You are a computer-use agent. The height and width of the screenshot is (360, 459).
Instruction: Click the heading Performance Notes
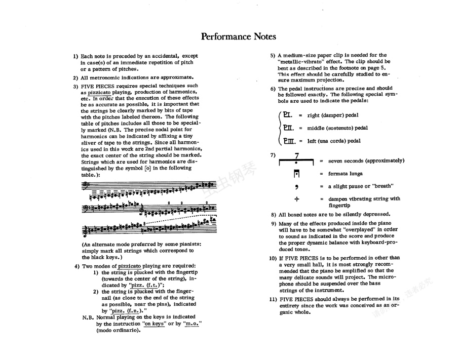(238, 36)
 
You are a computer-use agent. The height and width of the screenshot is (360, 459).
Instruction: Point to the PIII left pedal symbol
(290, 141)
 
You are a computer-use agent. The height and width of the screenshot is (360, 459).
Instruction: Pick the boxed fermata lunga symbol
(297, 174)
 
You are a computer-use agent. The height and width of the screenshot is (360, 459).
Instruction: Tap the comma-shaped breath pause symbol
(297, 187)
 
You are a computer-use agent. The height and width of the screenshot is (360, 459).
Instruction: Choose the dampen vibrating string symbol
(297, 199)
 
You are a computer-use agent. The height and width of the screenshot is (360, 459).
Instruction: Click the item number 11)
(272, 299)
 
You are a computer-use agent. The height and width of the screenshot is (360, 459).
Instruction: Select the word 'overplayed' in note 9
(359, 229)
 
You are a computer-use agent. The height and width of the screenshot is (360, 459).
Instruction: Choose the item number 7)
(273, 155)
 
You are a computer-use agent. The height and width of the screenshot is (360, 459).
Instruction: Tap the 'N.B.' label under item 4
(88, 317)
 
